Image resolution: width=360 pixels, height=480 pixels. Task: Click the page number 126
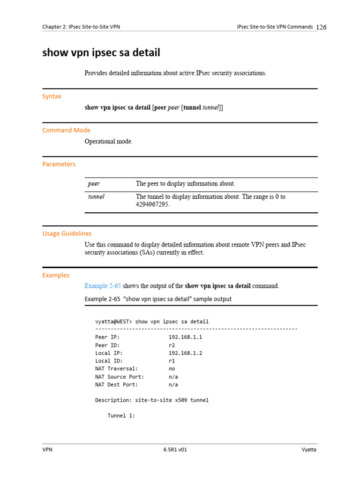pyautogui.click(x=321, y=27)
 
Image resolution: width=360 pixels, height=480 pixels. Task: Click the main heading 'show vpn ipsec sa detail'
pyautogui.click(x=101, y=53)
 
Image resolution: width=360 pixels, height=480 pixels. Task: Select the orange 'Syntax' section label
pyautogui.click(x=52, y=96)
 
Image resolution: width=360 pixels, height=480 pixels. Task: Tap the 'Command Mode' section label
pyautogui.click(x=66, y=130)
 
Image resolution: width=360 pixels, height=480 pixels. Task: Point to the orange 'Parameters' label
pyautogui.click(x=59, y=164)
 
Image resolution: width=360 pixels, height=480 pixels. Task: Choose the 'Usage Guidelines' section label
pyautogui.click(x=67, y=233)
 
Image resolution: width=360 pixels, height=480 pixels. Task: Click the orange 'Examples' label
pyautogui.click(x=56, y=275)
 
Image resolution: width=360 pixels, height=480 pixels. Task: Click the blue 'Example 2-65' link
pyautogui.click(x=103, y=286)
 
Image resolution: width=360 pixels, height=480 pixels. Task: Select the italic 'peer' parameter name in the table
pyautogui.click(x=94, y=184)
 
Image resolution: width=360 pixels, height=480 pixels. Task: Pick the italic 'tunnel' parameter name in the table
pyautogui.click(x=96, y=197)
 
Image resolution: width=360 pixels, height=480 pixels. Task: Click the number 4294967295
pyautogui.click(x=153, y=205)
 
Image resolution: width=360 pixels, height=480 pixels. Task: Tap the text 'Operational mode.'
pyautogui.click(x=108, y=142)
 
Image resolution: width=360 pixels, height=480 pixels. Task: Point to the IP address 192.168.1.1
pyautogui.click(x=185, y=337)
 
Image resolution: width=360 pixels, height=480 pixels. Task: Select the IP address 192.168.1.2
pyautogui.click(x=185, y=353)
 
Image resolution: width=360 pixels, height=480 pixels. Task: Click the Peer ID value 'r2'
pyautogui.click(x=172, y=345)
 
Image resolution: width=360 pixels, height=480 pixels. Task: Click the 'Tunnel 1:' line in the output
pyautogui.click(x=121, y=416)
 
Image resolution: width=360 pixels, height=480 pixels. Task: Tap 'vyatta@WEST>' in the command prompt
pyautogui.click(x=114, y=322)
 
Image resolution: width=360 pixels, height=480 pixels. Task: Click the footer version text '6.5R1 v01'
pyautogui.click(x=175, y=450)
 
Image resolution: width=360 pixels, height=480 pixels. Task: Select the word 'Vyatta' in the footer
pyautogui.click(x=309, y=450)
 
